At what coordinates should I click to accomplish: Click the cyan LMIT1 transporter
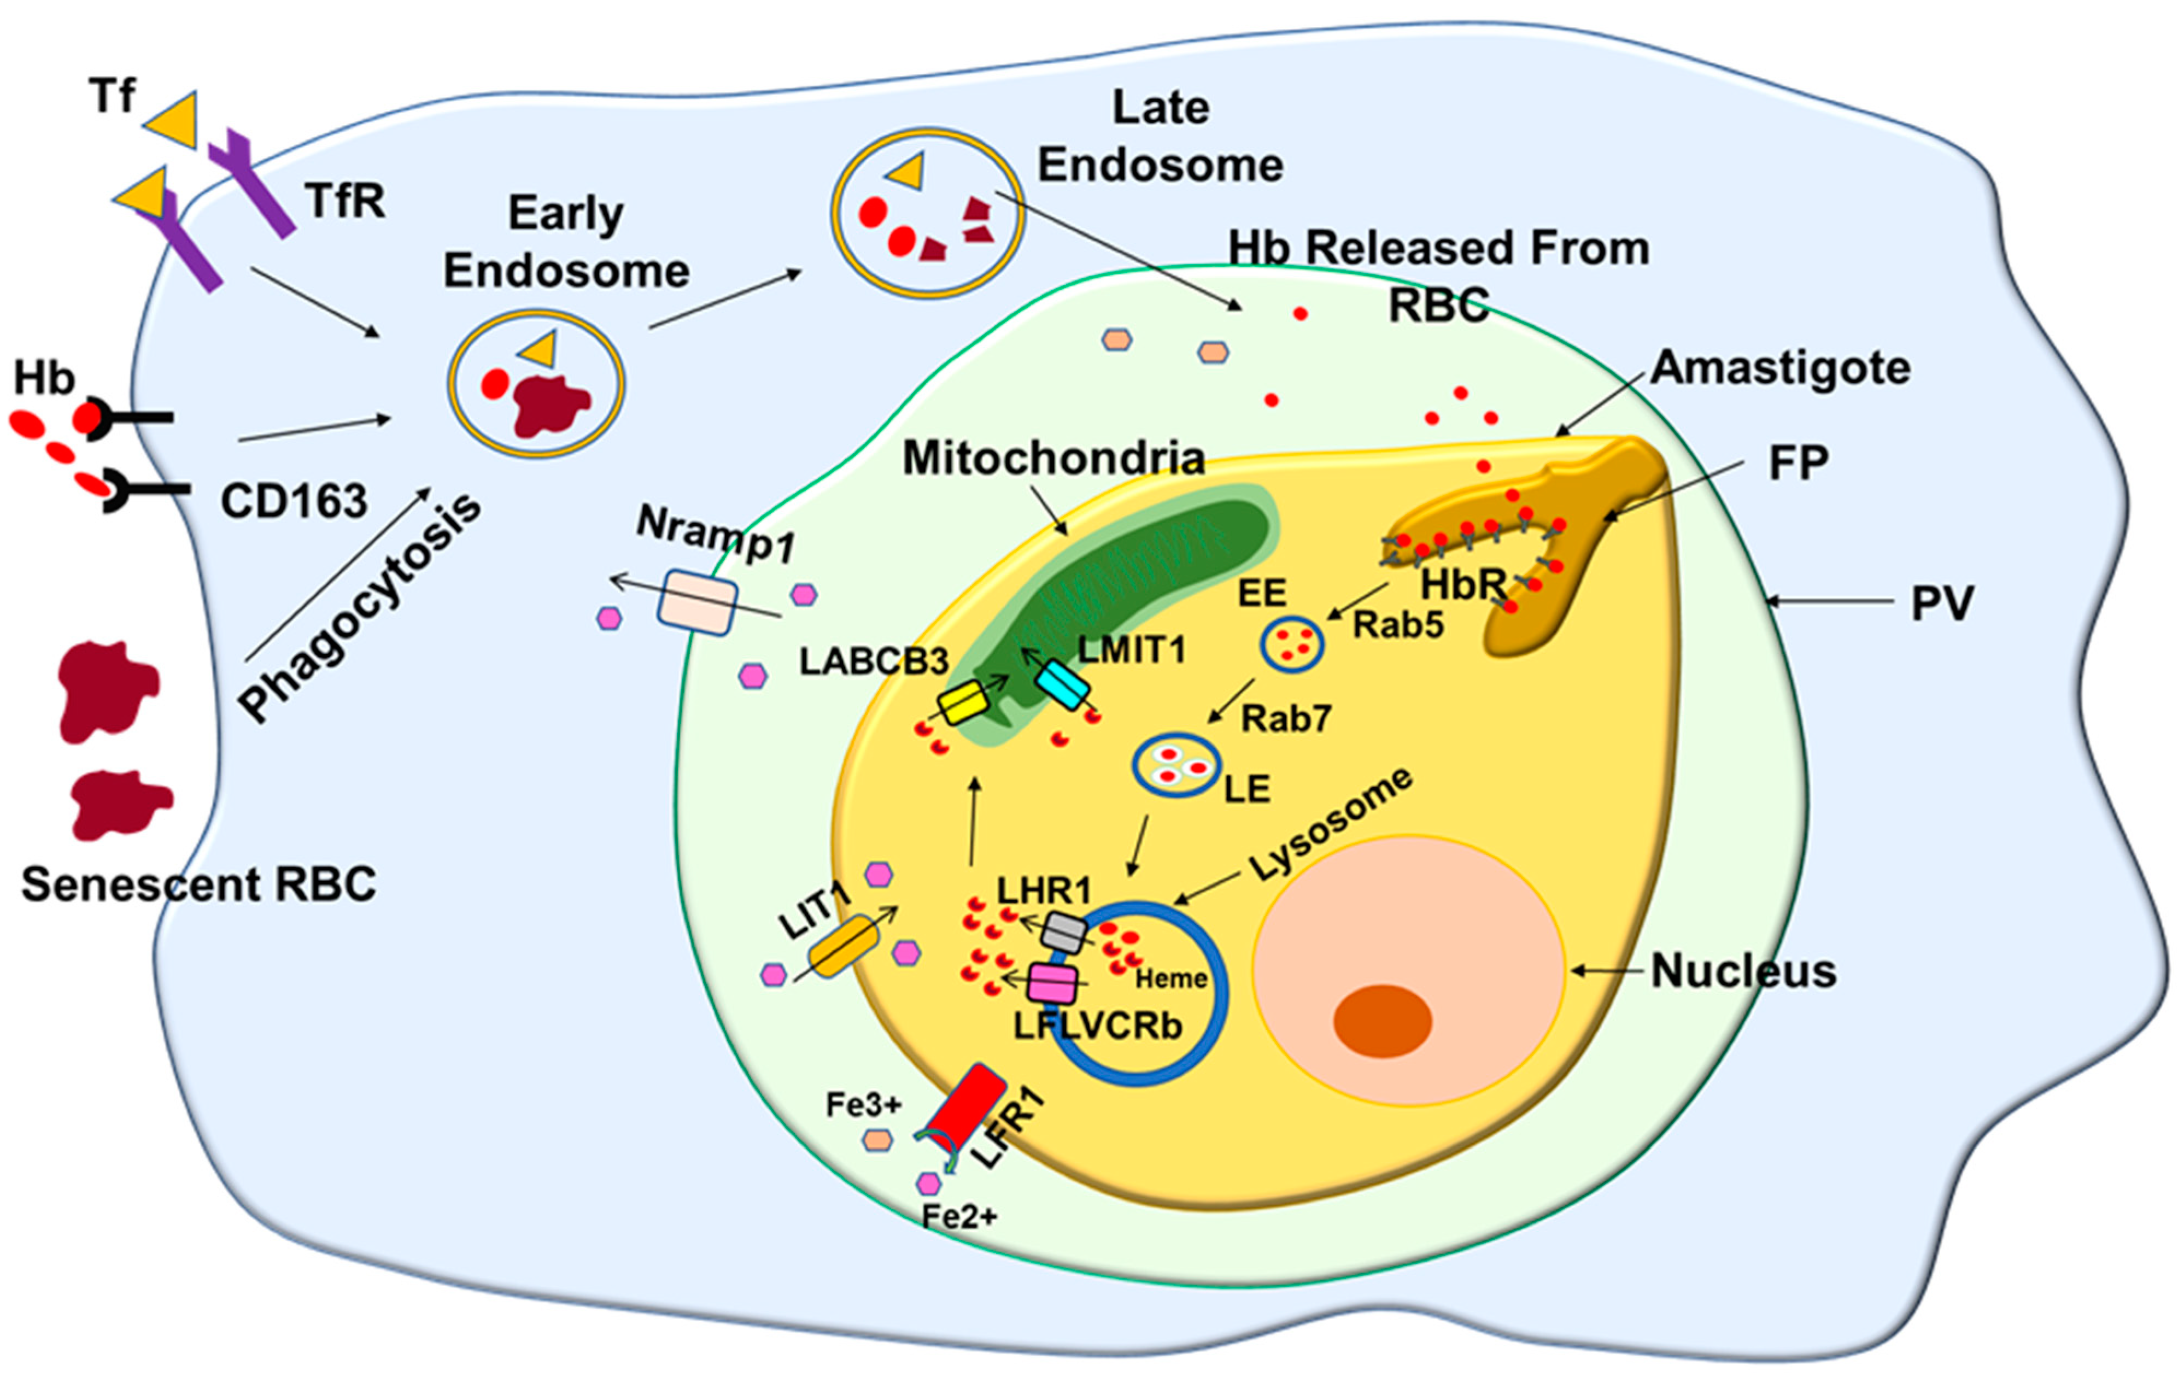point(1063,684)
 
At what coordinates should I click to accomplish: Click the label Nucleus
point(1743,971)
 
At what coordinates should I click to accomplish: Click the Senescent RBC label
point(198,883)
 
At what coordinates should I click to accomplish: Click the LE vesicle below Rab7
point(1176,765)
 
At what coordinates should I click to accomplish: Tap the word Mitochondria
point(1053,458)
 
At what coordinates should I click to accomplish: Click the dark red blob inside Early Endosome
point(549,403)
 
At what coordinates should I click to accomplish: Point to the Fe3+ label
point(863,1105)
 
